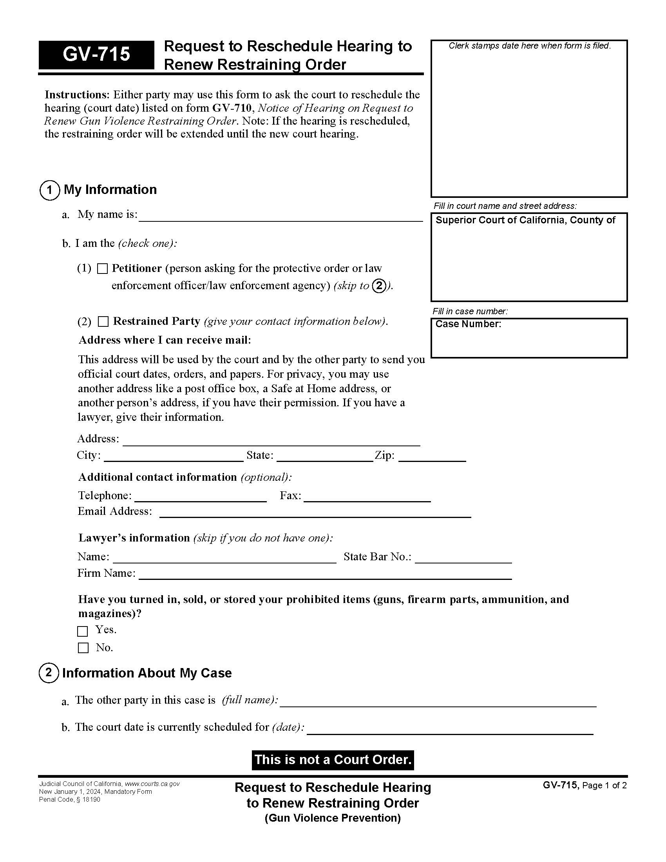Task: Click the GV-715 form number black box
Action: (x=96, y=54)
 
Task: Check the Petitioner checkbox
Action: (x=102, y=269)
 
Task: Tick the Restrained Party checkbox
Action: (x=103, y=322)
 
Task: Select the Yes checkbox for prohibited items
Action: (x=82, y=631)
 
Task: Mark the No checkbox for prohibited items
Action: (x=83, y=648)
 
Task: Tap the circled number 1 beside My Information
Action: (x=50, y=190)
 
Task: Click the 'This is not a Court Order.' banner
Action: (x=333, y=760)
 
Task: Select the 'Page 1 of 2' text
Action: (x=604, y=786)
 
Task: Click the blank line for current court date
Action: (x=450, y=729)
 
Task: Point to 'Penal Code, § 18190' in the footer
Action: (x=69, y=800)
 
